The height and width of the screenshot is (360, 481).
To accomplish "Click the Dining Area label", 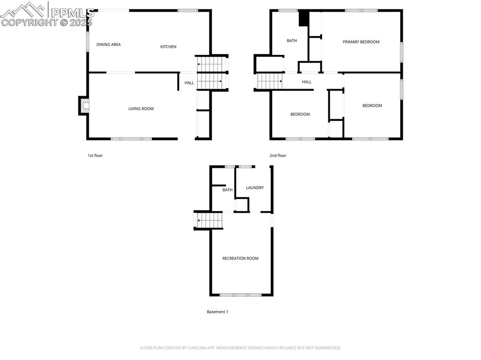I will [109, 45].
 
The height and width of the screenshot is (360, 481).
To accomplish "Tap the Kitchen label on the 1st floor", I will [168, 46].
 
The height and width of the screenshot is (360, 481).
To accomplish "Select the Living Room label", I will [141, 109].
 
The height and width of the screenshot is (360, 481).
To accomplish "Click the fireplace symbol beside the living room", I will [84, 106].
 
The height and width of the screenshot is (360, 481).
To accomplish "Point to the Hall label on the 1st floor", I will [189, 83].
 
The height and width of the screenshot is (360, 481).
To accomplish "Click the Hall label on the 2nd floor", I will [306, 82].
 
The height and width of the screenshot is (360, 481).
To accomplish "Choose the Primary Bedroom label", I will [361, 42].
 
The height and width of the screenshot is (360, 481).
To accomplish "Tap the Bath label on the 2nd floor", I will [292, 41].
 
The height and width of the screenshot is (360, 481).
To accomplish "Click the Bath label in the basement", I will [227, 190].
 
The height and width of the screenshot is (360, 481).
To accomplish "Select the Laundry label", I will [255, 188].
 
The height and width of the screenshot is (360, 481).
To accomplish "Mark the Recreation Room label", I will [240, 259].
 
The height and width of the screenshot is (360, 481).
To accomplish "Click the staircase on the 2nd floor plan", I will [269, 81].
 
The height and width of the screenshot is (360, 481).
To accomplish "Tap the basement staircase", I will [209, 220].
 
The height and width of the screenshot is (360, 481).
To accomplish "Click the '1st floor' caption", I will [95, 156].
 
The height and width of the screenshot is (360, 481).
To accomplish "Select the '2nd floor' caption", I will [278, 156].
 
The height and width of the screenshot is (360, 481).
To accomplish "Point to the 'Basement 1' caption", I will [217, 312].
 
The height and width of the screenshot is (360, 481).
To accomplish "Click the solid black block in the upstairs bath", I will [304, 18].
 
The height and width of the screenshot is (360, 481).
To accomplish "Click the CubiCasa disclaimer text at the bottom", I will [240, 348].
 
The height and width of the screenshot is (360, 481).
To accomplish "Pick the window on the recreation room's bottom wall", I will [240, 295].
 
